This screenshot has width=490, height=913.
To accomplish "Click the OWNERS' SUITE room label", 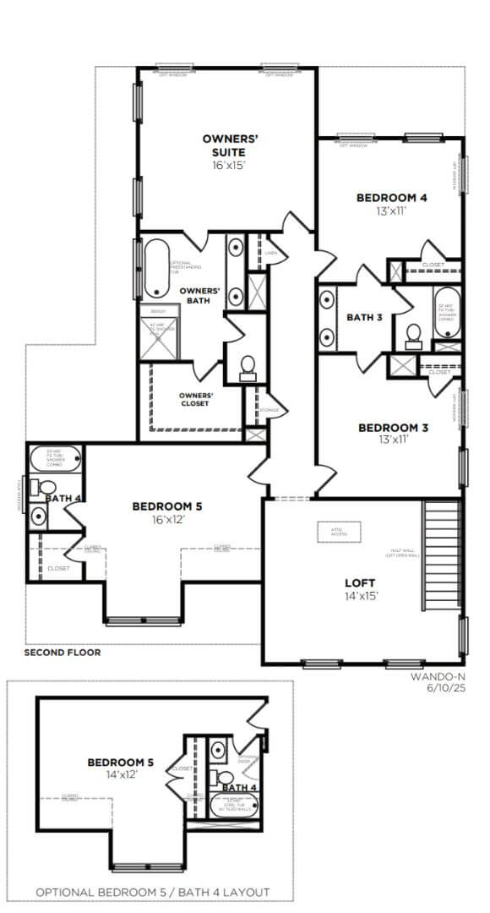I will [x=224, y=145].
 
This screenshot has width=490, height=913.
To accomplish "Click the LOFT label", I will [x=360, y=583].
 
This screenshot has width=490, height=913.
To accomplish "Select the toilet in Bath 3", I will [x=413, y=335].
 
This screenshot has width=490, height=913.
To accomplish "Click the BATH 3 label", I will [x=365, y=318].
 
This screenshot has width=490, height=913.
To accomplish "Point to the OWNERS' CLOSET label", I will [x=195, y=399].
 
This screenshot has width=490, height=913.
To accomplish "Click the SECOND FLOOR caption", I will [x=62, y=653].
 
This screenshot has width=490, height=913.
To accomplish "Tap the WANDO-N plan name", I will [x=438, y=677].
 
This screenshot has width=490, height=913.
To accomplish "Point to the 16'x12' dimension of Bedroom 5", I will [x=166, y=519].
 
